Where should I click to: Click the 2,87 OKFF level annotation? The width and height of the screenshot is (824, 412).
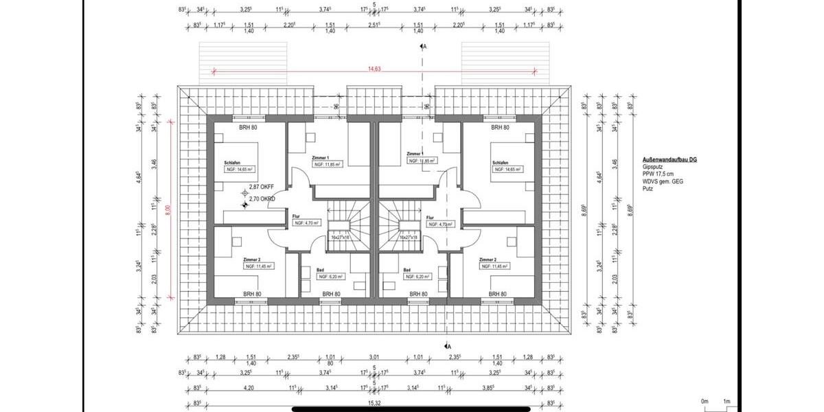coord(262,187)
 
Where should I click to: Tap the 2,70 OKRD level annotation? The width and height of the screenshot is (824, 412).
coord(262,198)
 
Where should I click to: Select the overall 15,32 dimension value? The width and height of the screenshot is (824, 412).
coord(374,403)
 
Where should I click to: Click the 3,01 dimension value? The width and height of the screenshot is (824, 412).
coord(374,357)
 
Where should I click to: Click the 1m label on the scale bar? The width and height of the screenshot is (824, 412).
coord(726,401)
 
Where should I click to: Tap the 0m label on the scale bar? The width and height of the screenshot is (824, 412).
coord(704,401)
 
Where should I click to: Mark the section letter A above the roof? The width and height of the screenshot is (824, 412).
coord(426,46)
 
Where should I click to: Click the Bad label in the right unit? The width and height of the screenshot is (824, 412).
coord(407,271)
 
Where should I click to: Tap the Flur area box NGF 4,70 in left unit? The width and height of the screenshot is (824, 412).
coord(304,223)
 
